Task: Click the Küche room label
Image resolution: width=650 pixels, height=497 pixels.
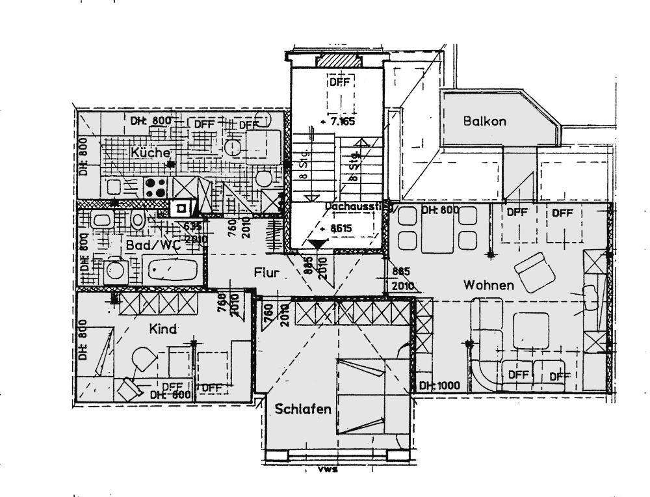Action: (x=150, y=153)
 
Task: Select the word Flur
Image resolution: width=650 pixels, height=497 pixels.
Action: (x=266, y=273)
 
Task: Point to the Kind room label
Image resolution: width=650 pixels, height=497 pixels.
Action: (x=163, y=329)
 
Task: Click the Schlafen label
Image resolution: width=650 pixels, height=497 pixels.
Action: (x=303, y=409)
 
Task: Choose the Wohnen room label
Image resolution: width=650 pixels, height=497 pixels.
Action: (x=489, y=286)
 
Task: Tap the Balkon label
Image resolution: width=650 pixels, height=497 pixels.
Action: (x=484, y=121)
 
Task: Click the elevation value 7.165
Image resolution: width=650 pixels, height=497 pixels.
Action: (x=340, y=121)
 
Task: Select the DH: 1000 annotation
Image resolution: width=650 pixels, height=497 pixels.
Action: (x=439, y=385)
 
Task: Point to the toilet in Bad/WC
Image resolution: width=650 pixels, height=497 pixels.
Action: (x=138, y=219)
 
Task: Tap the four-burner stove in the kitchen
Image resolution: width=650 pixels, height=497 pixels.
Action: (x=155, y=187)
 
